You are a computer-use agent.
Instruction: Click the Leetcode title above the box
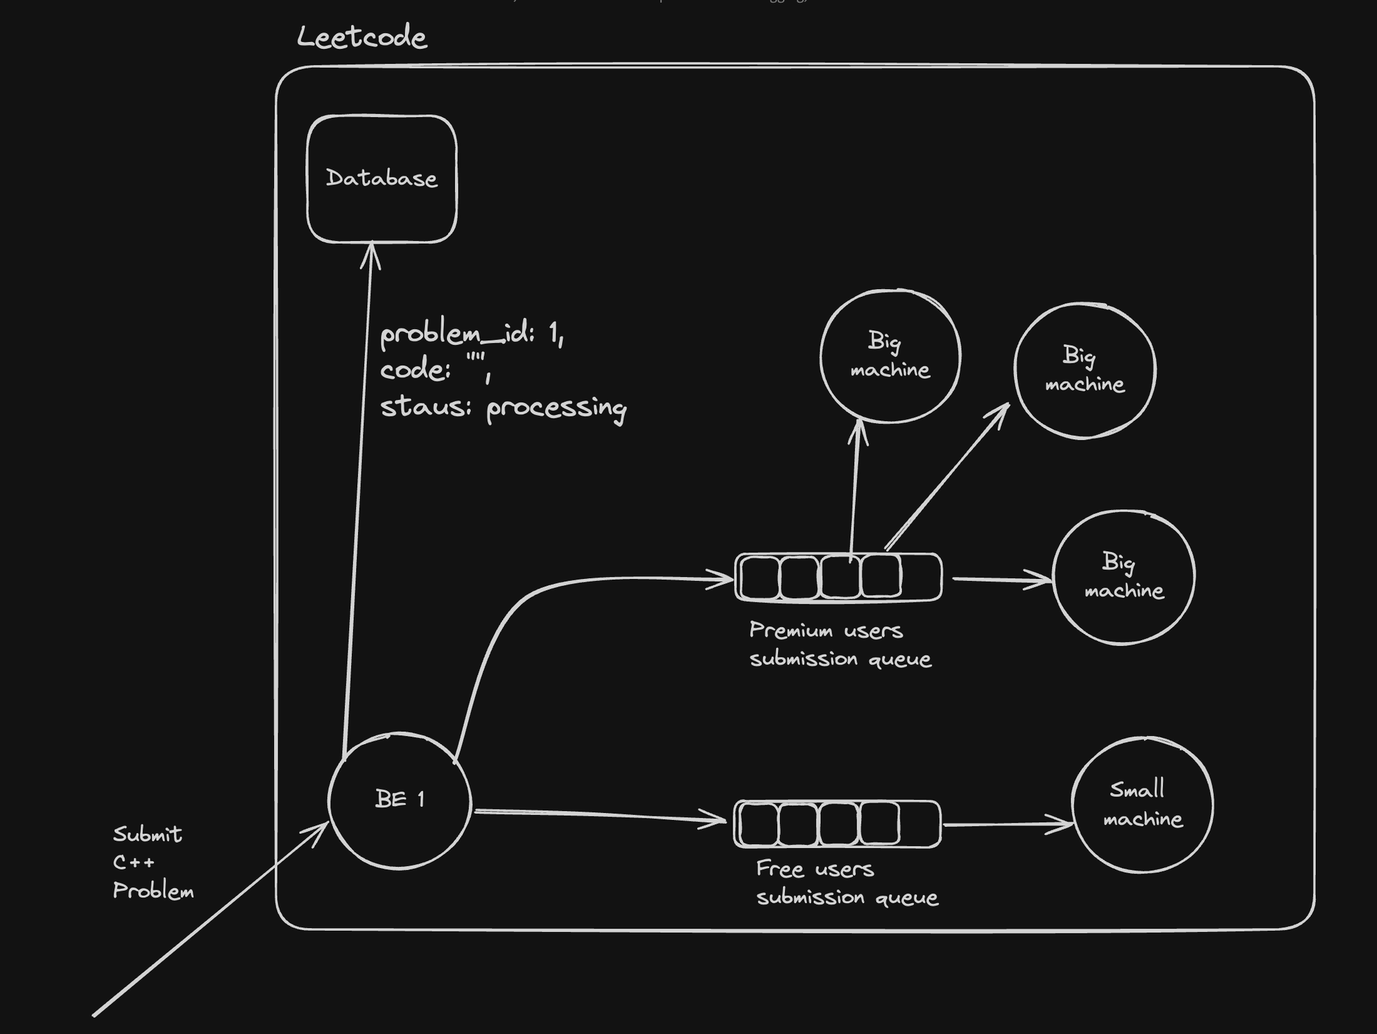(x=362, y=37)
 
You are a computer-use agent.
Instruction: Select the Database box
(x=381, y=179)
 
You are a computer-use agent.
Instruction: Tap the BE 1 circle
(x=400, y=800)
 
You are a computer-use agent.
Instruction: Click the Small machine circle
(x=1142, y=805)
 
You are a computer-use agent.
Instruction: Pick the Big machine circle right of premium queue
(x=1124, y=577)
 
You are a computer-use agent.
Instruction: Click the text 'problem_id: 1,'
(x=472, y=335)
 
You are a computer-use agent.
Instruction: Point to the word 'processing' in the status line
(x=556, y=408)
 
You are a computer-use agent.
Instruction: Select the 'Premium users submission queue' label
(x=840, y=644)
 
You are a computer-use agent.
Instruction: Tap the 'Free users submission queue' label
(x=847, y=883)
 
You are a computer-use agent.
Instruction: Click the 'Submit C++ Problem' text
(x=151, y=862)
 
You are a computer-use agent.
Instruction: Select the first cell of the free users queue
(x=757, y=824)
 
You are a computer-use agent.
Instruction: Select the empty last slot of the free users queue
(x=920, y=824)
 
